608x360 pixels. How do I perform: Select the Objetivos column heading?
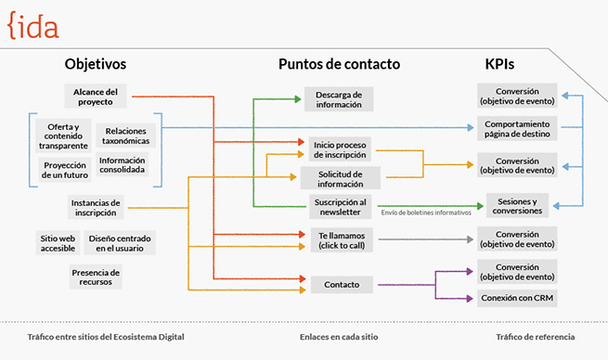click(x=95, y=64)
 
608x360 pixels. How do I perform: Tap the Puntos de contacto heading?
click(x=339, y=64)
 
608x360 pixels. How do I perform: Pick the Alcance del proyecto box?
click(x=96, y=96)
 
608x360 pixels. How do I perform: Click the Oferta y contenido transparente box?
click(x=63, y=136)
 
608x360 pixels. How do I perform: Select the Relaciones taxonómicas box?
click(x=125, y=136)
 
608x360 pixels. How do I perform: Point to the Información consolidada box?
click(x=122, y=165)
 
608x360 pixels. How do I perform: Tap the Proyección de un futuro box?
click(x=63, y=171)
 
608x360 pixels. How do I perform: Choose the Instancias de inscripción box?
click(x=96, y=207)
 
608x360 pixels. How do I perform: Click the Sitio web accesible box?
click(x=58, y=243)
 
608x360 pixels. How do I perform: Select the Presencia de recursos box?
click(x=96, y=276)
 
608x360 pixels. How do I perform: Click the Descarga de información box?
click(x=339, y=98)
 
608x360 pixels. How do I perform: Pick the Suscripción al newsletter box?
click(x=338, y=207)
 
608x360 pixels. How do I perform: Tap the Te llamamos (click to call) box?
click(x=338, y=239)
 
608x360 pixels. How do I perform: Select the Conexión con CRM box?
click(x=517, y=298)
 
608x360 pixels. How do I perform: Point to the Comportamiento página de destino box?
click(x=517, y=128)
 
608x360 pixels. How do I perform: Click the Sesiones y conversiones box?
click(x=517, y=205)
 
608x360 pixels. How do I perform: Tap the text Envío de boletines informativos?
click(x=426, y=213)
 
